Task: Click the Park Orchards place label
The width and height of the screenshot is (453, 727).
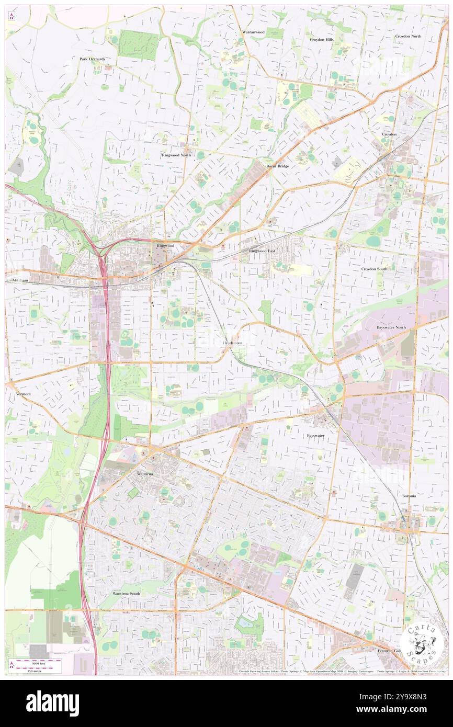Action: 92,59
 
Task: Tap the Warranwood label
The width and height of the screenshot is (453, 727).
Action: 253,32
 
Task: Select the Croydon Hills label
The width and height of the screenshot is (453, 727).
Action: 321,40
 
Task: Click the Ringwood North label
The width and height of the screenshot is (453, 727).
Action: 176,155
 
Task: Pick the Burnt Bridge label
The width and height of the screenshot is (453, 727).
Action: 277,166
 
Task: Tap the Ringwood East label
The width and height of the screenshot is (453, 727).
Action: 262,251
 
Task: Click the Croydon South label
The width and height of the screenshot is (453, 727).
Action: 374,269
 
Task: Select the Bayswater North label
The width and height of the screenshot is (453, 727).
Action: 391,327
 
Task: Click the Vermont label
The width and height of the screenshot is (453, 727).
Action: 24,393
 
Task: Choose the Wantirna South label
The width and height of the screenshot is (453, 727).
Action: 126,594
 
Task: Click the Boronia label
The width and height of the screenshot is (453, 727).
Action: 409,496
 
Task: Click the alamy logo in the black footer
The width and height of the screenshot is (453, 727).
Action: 52,703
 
